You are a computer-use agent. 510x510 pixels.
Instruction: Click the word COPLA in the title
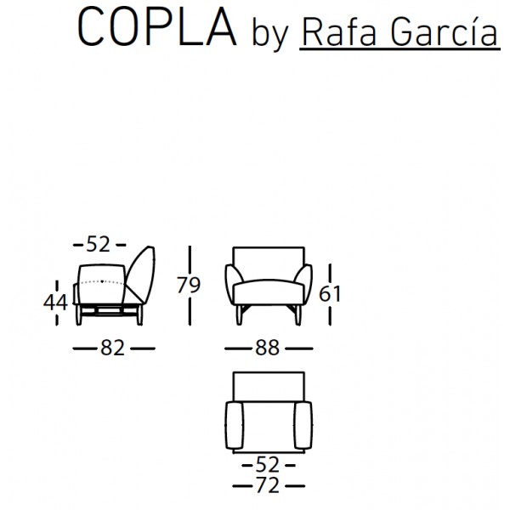click(x=156, y=27)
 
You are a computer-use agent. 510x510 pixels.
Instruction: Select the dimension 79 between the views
click(x=189, y=285)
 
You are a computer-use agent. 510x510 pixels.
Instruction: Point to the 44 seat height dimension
click(x=55, y=303)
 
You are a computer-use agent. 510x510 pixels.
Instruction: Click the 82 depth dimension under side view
click(x=112, y=348)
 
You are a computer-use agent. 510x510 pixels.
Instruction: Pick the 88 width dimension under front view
click(x=267, y=348)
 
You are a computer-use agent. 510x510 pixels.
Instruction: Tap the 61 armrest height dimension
click(x=330, y=294)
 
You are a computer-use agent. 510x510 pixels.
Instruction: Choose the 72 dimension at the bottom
click(x=268, y=486)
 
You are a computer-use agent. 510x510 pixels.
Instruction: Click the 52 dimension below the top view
click(x=268, y=465)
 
